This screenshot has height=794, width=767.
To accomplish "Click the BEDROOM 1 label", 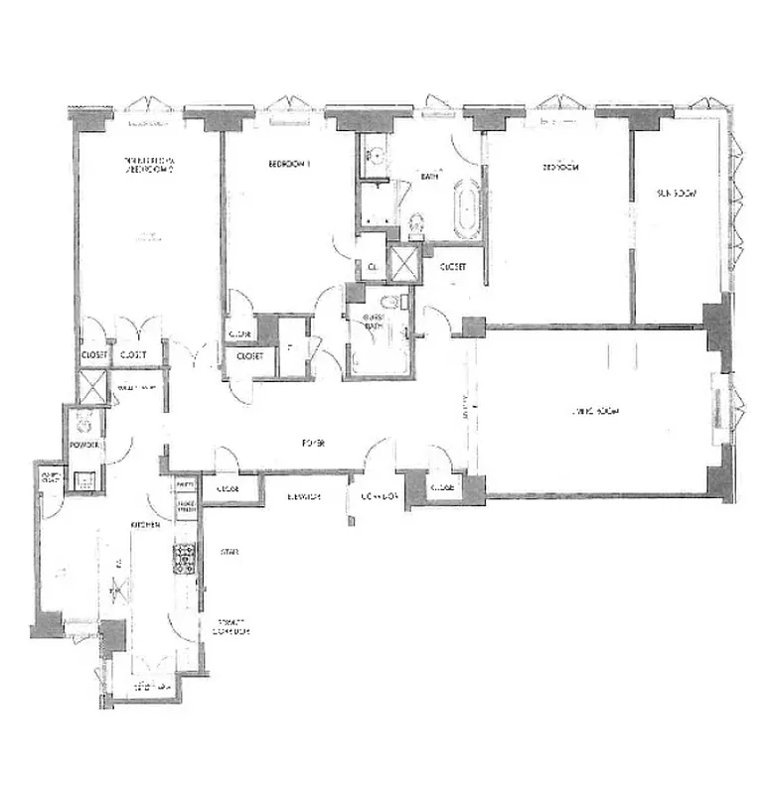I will pyautogui.click(x=286, y=165).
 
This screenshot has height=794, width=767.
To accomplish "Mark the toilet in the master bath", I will pyautogui.click(x=415, y=225).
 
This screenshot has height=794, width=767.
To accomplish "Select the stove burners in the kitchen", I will pyautogui.click(x=184, y=561).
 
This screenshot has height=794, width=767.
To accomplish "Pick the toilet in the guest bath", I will pyautogui.click(x=390, y=302).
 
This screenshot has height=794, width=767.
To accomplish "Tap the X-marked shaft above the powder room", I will pyautogui.click(x=92, y=385).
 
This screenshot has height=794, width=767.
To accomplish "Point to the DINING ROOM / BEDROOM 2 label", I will pyautogui.click(x=149, y=165).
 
